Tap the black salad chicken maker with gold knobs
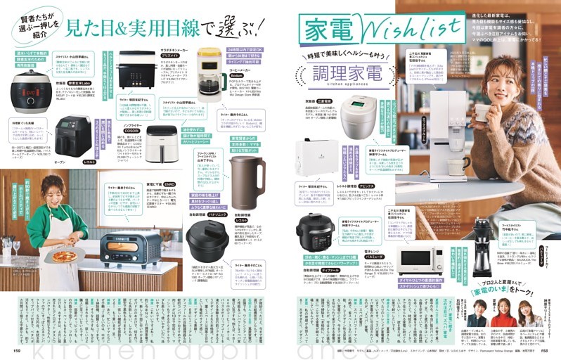(x=137, y=67)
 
